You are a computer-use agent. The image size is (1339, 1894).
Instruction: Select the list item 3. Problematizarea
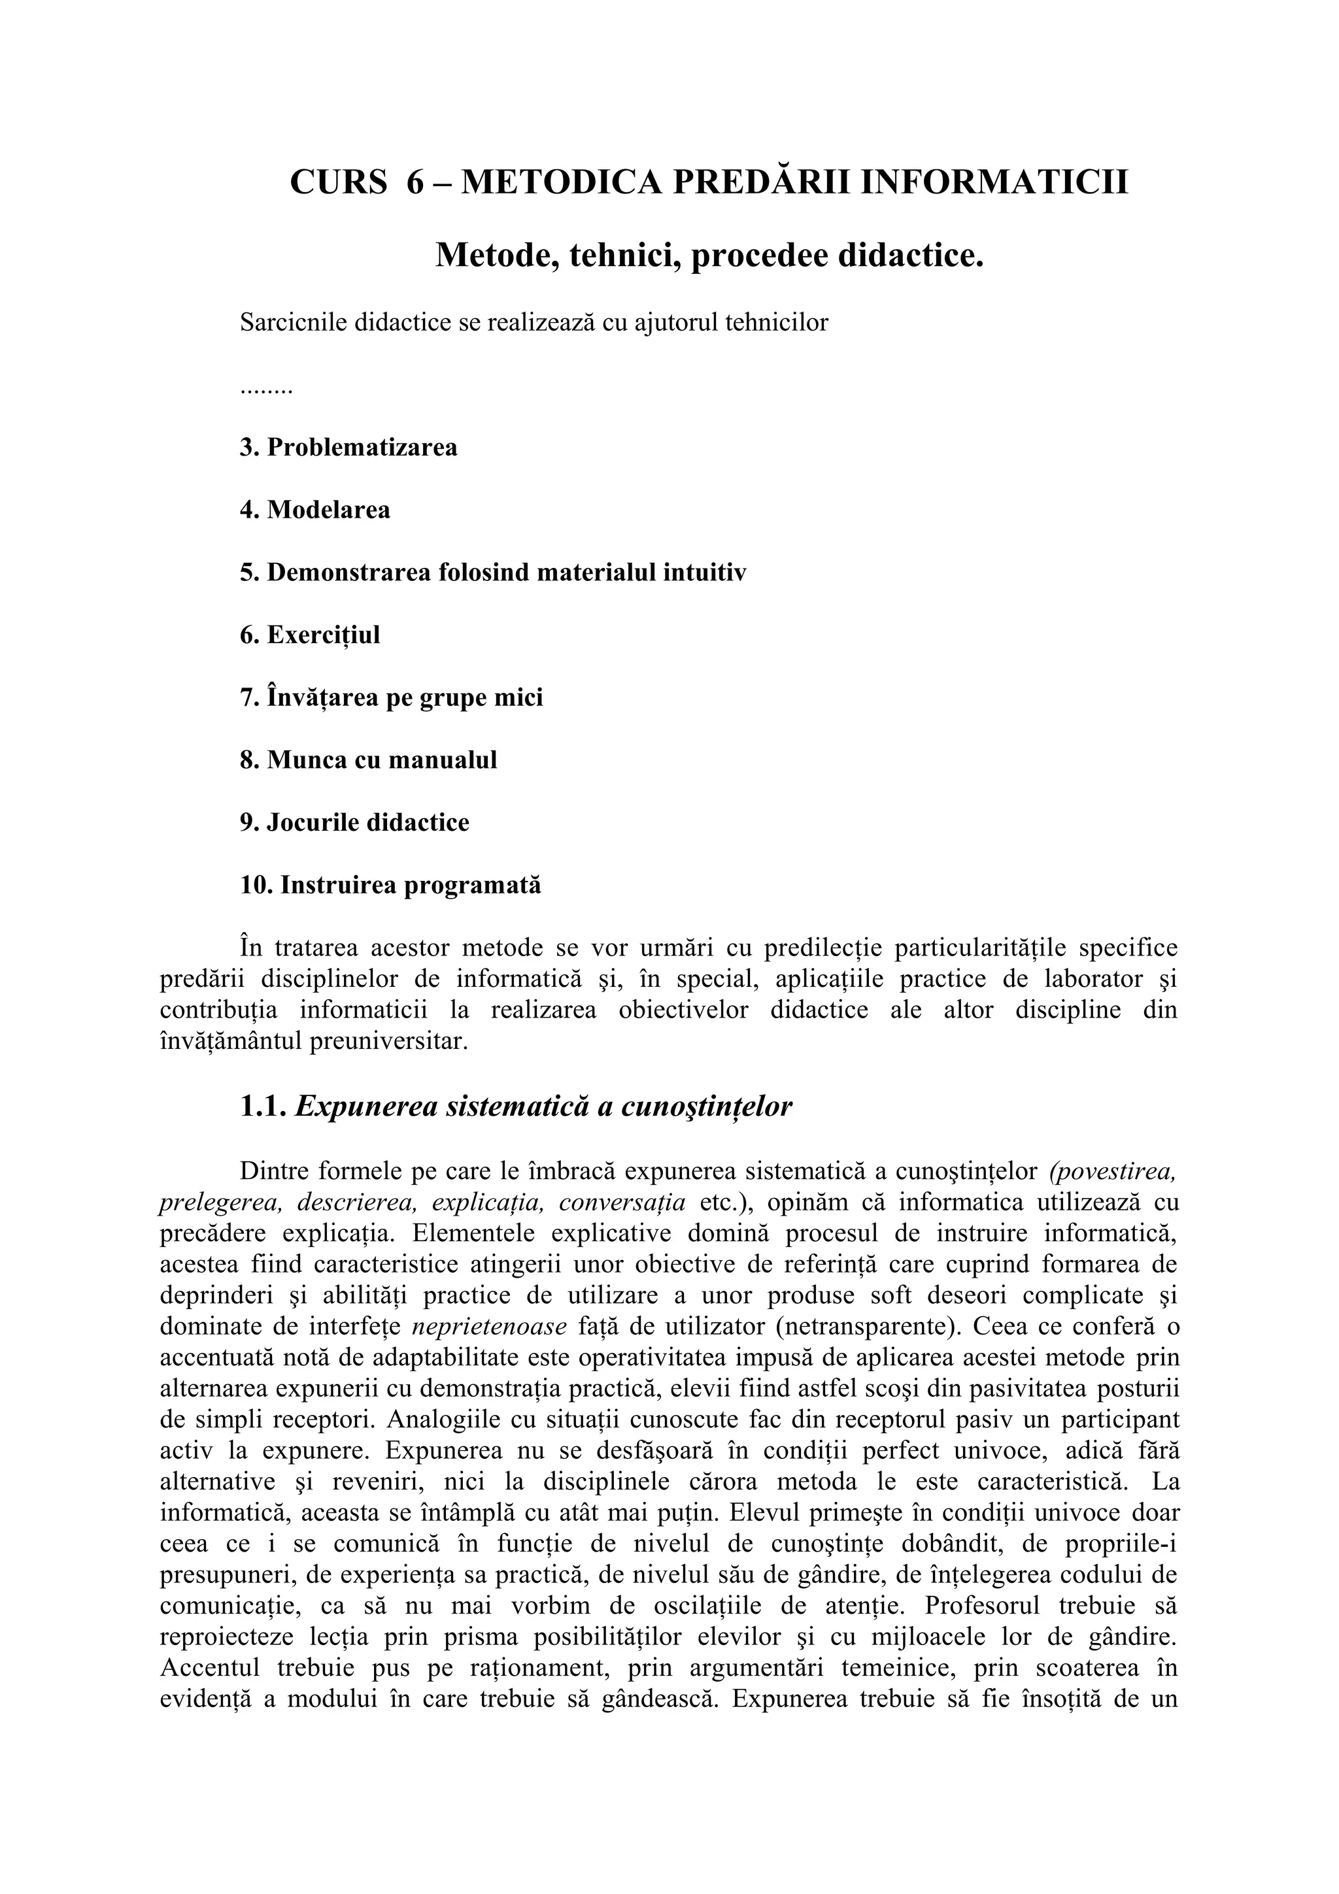tap(348, 448)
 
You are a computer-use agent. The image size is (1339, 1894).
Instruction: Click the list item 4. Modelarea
tap(315, 510)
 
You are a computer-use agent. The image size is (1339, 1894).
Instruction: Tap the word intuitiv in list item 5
tap(705, 573)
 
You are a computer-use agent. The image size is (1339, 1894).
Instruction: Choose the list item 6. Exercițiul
tap(310, 635)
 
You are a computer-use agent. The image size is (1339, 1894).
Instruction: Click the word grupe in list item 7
tap(445, 698)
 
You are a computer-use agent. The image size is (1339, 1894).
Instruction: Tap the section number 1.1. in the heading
tap(264, 1107)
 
